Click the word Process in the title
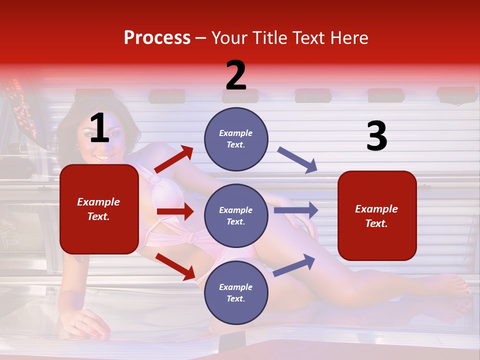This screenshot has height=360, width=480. tap(157, 38)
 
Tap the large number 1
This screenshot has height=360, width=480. tap(99, 129)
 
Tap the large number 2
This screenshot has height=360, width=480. tap(236, 76)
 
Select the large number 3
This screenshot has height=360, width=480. tap(376, 136)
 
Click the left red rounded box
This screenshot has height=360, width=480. tap(99, 209)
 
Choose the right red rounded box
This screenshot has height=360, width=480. tap(377, 215)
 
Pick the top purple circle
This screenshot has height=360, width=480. tap(236, 139)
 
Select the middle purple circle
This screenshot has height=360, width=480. tap(236, 215)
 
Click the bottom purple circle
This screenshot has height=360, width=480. tap(236, 292)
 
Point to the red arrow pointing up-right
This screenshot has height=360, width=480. tap(174, 159)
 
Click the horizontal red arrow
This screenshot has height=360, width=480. tap(175, 211)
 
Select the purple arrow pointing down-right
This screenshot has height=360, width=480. tap(297, 160)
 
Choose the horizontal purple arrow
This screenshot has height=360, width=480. tap(296, 210)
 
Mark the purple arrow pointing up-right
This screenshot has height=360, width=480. tap(294, 265)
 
